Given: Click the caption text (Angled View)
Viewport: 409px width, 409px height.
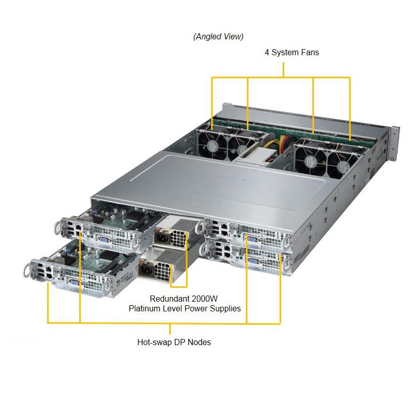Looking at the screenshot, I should (x=218, y=36).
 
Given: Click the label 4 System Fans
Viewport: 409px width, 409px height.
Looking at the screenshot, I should (x=291, y=52).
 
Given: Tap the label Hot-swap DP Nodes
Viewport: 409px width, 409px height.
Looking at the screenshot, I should (x=174, y=342).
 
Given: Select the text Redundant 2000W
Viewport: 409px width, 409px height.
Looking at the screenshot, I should (x=185, y=299).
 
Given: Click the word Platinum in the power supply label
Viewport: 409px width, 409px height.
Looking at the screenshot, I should (x=144, y=308).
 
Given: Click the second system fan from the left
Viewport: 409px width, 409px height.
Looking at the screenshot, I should (x=240, y=147).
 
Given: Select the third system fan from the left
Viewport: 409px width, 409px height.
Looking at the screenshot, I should (x=310, y=161).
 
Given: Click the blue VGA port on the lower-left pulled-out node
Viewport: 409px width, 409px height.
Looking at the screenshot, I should (x=73, y=284).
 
